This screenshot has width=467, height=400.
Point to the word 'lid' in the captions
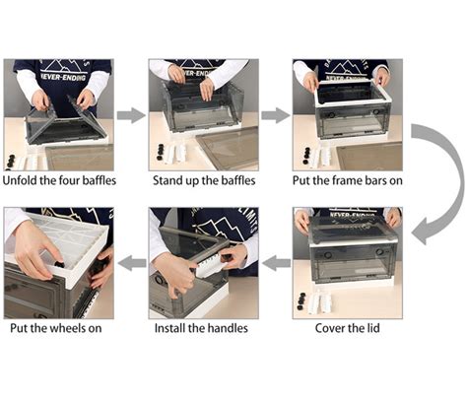pyautogui.click(x=373, y=328)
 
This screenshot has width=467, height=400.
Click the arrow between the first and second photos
pyautogui.click(x=130, y=115)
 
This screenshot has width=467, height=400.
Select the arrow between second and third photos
pyautogui.click(x=275, y=115)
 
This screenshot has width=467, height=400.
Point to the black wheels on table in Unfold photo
pyautogui.click(x=16, y=160)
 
